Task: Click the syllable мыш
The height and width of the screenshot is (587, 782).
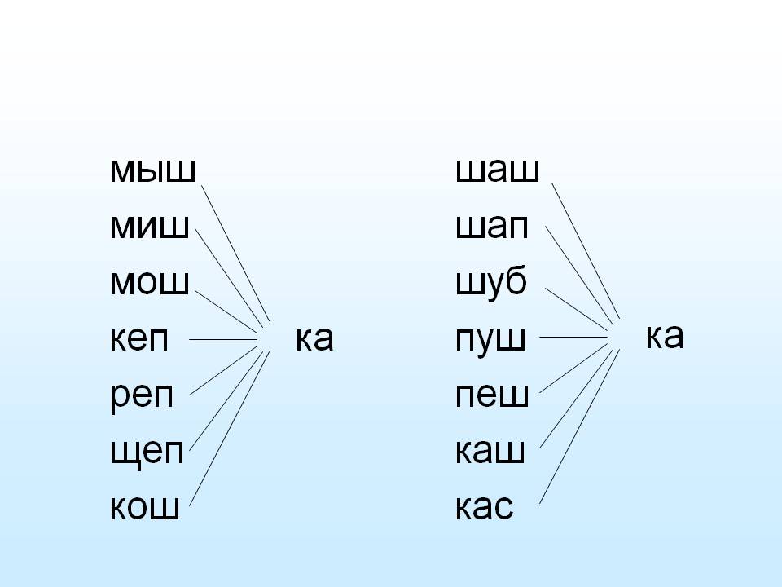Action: pyautogui.click(x=152, y=170)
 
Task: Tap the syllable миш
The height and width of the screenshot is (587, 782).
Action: pyautogui.click(x=150, y=227)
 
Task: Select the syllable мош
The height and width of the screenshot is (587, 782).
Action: pyautogui.click(x=150, y=283)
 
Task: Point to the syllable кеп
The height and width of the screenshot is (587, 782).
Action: pyautogui.click(x=139, y=338)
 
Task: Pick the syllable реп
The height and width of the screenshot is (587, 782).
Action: pyautogui.click(x=142, y=396)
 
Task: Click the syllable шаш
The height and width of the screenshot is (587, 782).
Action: pyautogui.click(x=498, y=170)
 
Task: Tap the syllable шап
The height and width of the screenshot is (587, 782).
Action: pyautogui.click(x=492, y=227)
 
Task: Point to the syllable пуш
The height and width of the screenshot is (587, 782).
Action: pyautogui.click(x=490, y=339)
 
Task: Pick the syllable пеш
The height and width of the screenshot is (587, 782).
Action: pyautogui.click(x=492, y=395)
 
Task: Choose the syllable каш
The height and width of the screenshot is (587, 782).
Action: pyautogui.click(x=490, y=450)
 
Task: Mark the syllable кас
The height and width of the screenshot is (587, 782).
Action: pyautogui.click(x=484, y=506)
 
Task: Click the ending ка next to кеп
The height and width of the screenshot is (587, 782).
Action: pyautogui.click(x=314, y=338)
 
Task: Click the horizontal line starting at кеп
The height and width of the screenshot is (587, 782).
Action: pyautogui.click(x=223, y=339)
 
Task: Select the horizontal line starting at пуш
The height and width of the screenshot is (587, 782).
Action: pyautogui.click(x=573, y=337)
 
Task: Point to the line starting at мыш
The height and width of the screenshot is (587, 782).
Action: pyautogui.click(x=235, y=253)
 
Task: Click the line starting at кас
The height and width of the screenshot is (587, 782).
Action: pyautogui.click(x=579, y=426)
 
